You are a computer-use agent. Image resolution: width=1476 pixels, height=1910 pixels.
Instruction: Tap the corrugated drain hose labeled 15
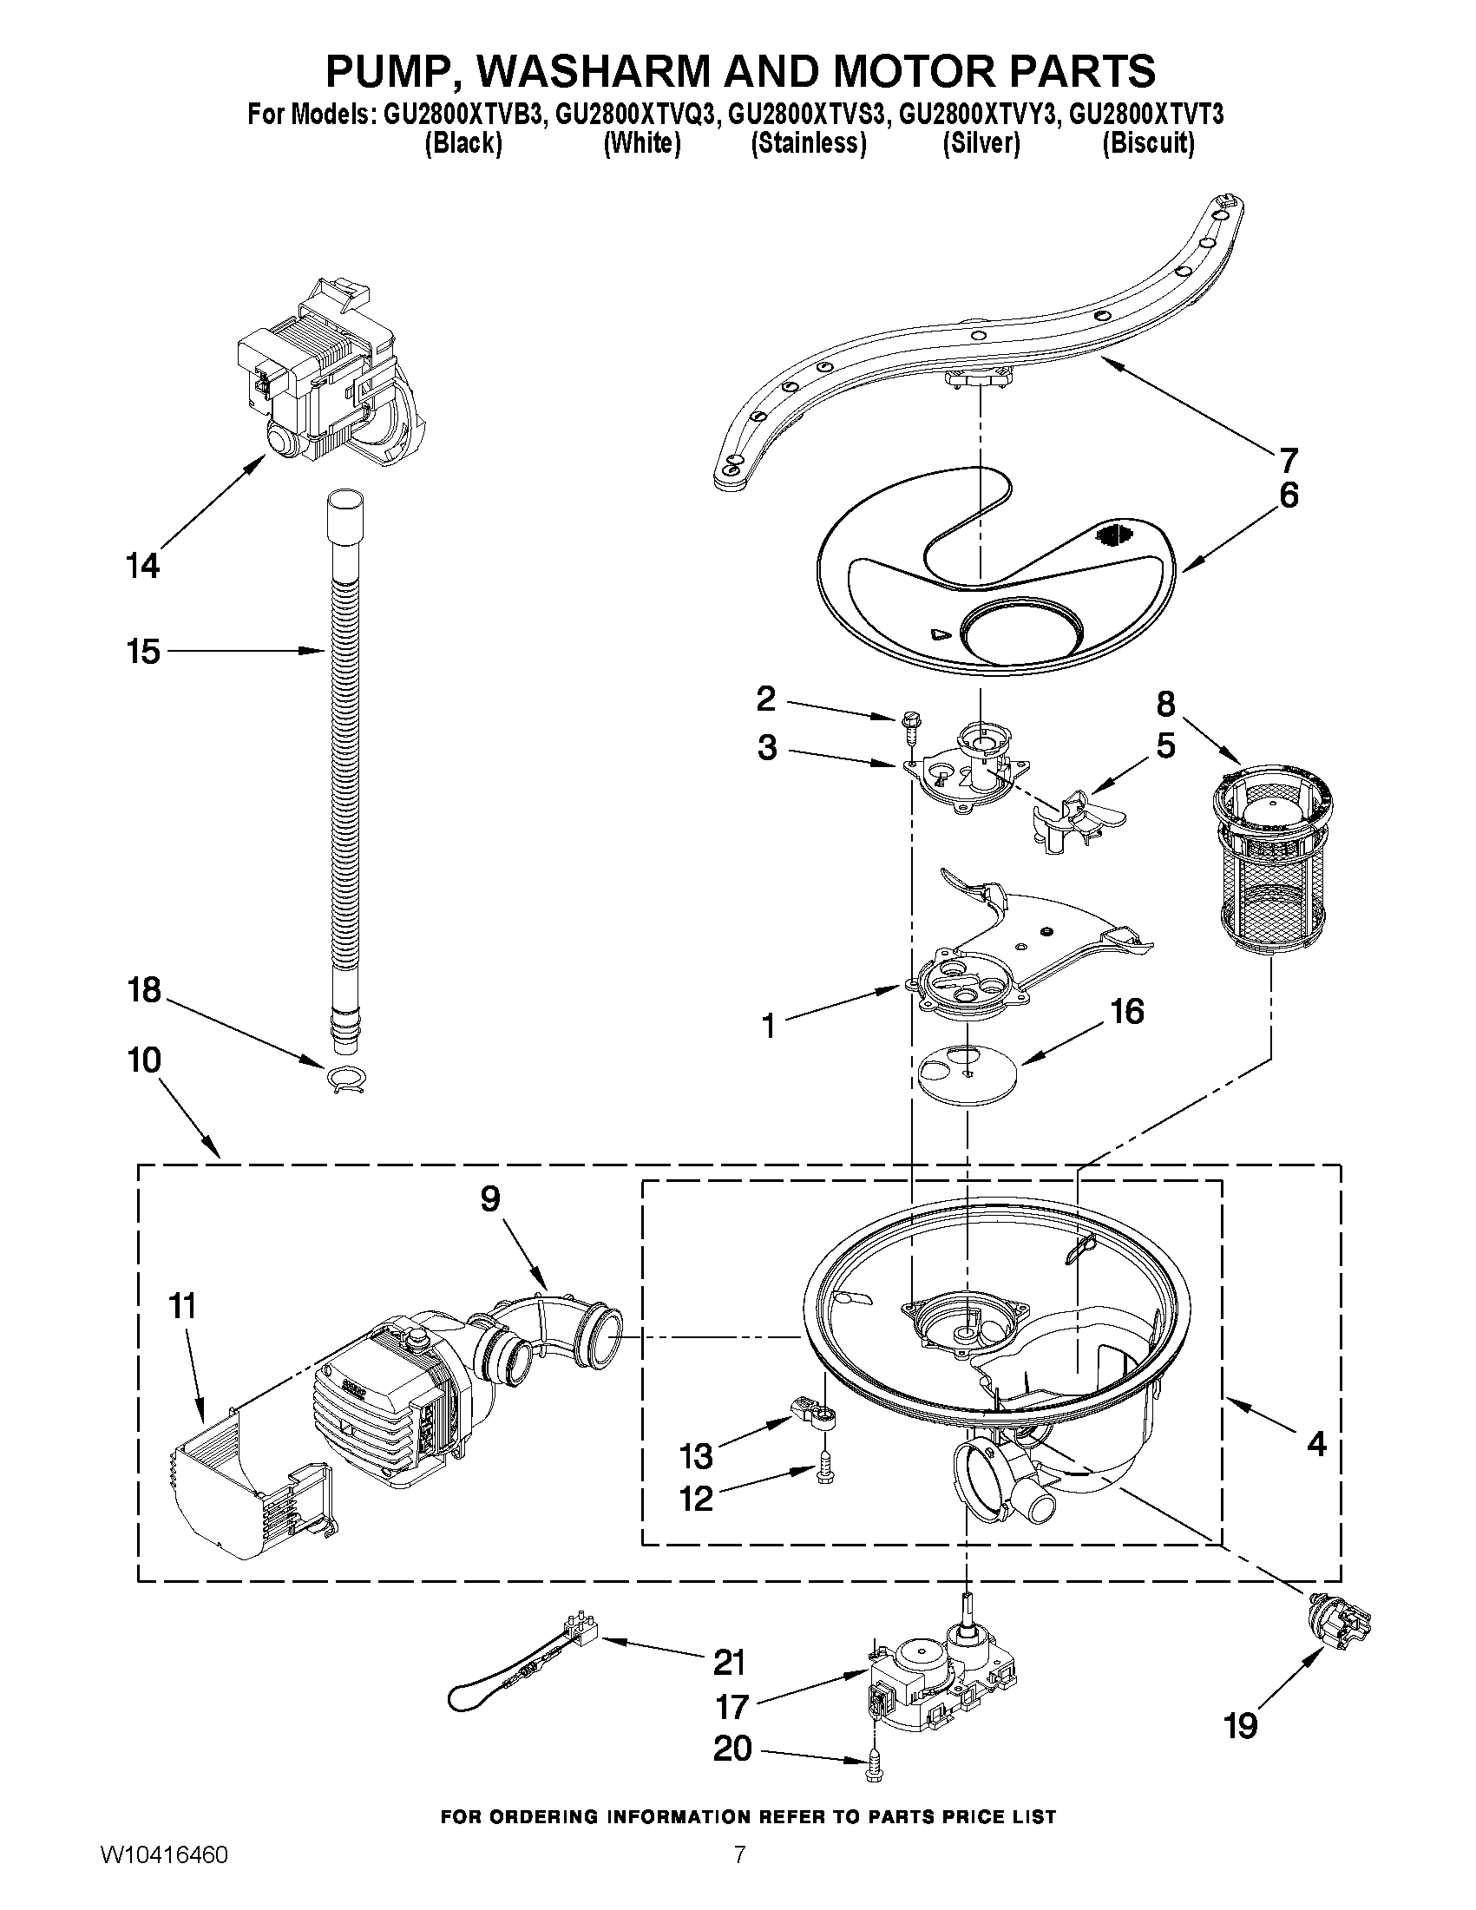tap(344, 770)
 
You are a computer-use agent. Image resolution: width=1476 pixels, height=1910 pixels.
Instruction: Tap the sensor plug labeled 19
tap(1341, 1620)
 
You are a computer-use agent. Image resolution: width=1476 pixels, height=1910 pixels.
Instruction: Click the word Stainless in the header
tap(808, 144)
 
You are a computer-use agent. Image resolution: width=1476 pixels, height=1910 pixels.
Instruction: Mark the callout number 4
tap(1316, 1443)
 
